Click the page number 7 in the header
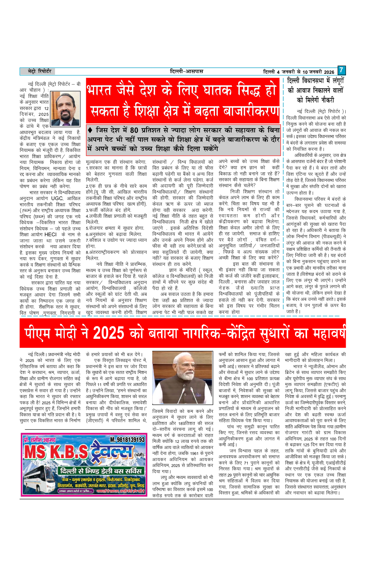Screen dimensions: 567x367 coord(341,70)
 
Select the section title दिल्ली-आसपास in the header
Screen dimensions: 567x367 coord(187,71)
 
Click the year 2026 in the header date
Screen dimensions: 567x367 coord(329,72)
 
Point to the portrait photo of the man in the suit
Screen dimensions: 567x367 coord(65,108)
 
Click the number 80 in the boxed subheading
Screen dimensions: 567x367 coord(134,130)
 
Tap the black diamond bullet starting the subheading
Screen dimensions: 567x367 coord(90,130)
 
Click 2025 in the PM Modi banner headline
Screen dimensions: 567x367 coord(108,334)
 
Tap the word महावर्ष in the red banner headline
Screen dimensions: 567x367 coord(329,334)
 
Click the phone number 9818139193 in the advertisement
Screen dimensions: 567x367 coord(127,439)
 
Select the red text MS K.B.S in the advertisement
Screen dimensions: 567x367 coord(56,453)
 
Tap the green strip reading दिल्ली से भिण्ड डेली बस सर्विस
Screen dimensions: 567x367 coord(101,471)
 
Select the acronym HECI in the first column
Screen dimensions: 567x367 coord(50,234)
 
